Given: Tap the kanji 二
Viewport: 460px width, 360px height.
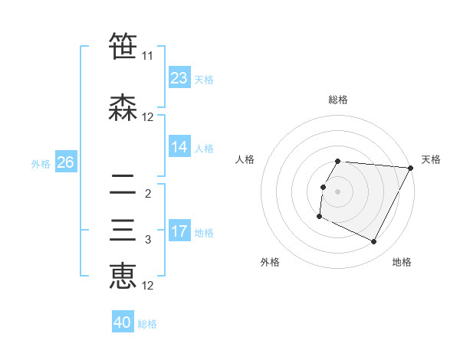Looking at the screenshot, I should click(x=123, y=185).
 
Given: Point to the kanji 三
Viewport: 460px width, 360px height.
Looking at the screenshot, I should click(x=123, y=231).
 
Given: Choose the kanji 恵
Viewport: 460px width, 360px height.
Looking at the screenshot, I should click(x=123, y=277).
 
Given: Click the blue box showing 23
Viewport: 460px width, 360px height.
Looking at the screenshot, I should click(x=179, y=78).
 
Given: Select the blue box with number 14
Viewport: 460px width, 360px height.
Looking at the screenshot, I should click(x=179, y=147).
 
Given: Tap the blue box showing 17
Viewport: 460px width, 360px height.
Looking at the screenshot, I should click(x=179, y=231).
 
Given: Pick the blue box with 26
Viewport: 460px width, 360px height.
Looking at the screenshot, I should click(x=65, y=162).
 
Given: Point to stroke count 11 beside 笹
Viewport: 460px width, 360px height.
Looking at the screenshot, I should click(x=147, y=56).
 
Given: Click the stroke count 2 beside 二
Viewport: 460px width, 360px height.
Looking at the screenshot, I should click(x=147, y=194).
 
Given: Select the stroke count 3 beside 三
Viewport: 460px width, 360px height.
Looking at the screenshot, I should click(x=147, y=240).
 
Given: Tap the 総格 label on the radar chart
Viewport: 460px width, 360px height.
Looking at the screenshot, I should click(x=338, y=100).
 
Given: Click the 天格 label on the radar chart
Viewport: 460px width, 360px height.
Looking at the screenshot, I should click(x=431, y=159).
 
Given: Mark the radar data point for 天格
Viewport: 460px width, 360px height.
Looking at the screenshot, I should click(x=411, y=168).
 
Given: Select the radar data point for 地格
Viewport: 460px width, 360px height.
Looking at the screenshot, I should click(x=374, y=242).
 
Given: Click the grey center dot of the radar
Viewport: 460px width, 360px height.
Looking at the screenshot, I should click(x=338, y=191).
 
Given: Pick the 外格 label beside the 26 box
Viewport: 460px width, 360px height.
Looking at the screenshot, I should click(x=41, y=163).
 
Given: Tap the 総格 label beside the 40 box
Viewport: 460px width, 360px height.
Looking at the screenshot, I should click(x=147, y=324).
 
